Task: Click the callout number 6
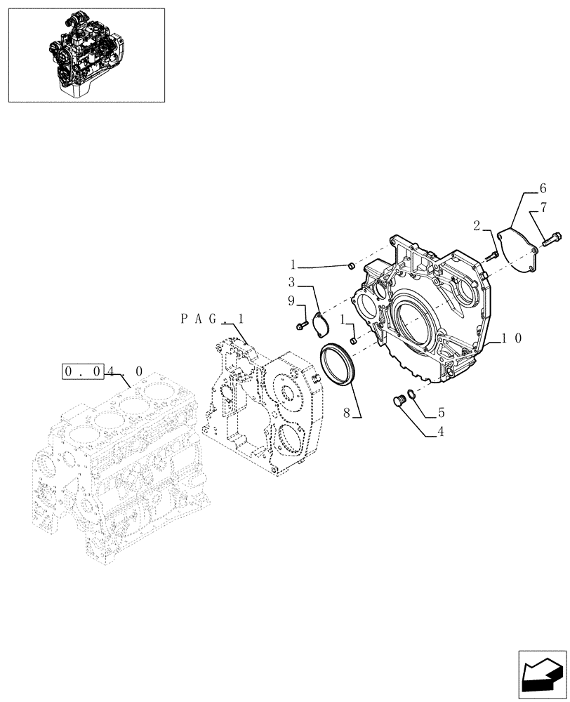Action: click(x=542, y=188)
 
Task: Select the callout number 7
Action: click(x=543, y=207)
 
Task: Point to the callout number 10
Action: click(x=510, y=338)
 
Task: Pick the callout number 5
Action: click(x=441, y=413)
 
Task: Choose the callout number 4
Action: click(x=440, y=432)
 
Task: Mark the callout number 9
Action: click(x=290, y=300)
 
